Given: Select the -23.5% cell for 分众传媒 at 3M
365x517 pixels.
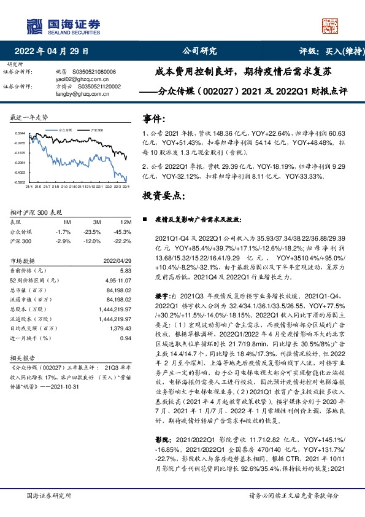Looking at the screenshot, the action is click(93, 232).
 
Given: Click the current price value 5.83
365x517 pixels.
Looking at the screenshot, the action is click(126, 270).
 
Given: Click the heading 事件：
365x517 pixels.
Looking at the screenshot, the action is click(154, 118).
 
